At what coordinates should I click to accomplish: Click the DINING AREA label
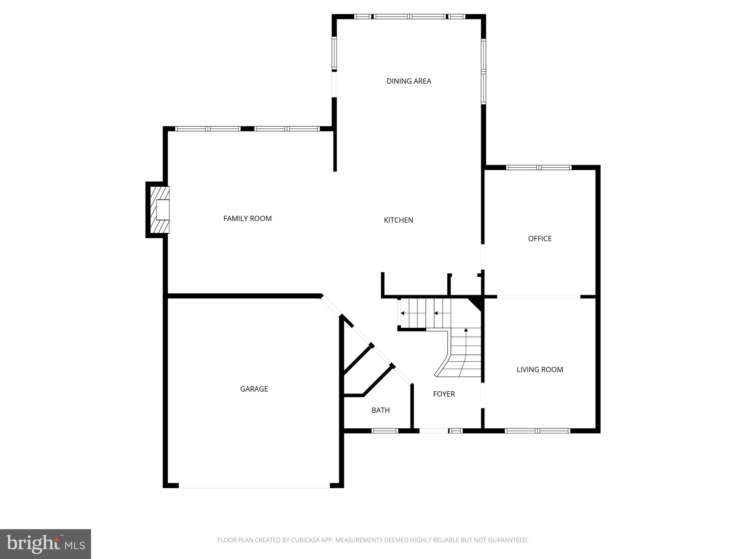[x=409, y=81]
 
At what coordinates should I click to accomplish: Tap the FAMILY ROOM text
[x=247, y=218]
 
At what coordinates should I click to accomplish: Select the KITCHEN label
[x=398, y=220]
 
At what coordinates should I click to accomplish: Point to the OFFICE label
[x=539, y=239]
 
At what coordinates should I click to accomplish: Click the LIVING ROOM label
[x=539, y=370]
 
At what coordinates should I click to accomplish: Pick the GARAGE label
[x=254, y=389]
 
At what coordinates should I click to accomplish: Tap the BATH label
[x=381, y=411]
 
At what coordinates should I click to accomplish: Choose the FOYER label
[x=444, y=394]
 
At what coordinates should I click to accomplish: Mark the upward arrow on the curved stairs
[x=466, y=330]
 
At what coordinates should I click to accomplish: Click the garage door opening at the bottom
[x=254, y=486]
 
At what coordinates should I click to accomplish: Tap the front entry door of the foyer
[x=433, y=431]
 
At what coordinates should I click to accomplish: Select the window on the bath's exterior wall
[x=385, y=431]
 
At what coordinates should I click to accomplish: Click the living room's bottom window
[x=537, y=431]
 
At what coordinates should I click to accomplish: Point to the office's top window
[x=539, y=167]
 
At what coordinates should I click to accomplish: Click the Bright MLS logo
[x=45, y=544]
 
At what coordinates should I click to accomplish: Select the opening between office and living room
[x=538, y=297]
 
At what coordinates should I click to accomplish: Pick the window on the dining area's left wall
[x=334, y=54]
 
